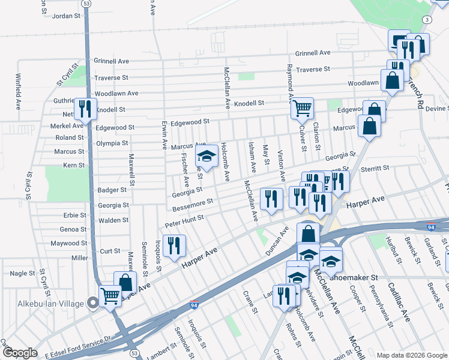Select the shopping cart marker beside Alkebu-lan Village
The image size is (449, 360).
tap(109, 295)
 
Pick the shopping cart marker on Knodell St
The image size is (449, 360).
tap(302, 108)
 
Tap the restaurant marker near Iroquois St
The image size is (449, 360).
tap(174, 245)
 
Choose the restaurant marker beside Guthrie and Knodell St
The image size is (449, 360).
tap(85, 109)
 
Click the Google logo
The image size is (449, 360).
tap(20, 353)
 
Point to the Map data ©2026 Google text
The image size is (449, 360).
tap(412, 355)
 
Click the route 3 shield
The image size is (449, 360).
tap(426, 20)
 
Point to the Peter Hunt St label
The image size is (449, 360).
tap(184, 221)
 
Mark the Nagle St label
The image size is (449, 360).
tap(22, 273)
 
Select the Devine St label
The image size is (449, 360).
tap(437, 108)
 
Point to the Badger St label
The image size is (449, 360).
tap(112, 190)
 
